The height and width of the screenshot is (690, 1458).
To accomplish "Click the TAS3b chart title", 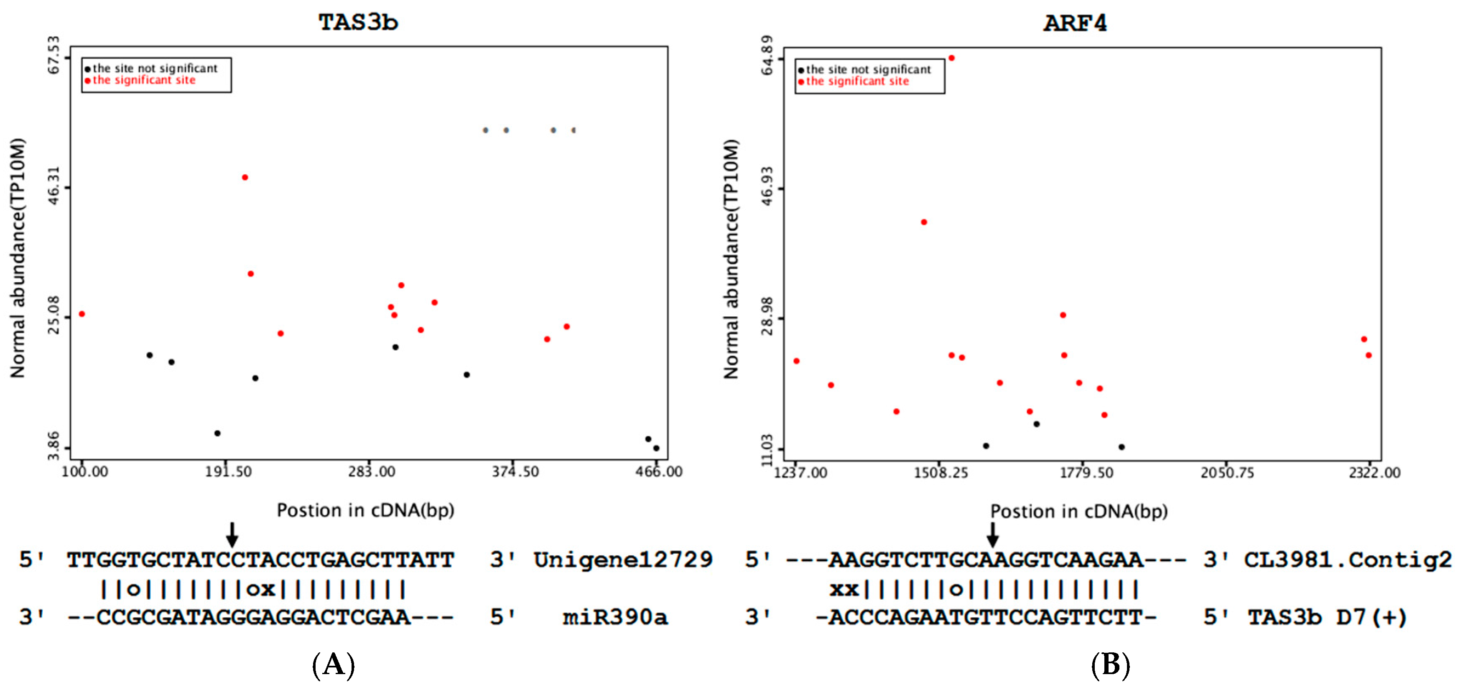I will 358,23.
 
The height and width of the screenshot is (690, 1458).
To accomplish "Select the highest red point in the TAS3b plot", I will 245,178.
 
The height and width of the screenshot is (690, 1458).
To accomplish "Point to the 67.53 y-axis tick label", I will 53,55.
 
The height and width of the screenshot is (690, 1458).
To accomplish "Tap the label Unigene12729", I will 622,560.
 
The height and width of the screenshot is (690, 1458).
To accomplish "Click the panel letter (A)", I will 334,665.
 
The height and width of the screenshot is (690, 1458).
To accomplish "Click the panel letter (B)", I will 1110,665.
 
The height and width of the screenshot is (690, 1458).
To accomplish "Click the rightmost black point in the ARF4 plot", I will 1121,447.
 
